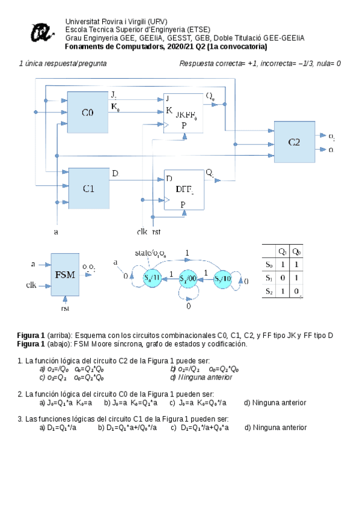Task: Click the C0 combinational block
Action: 88,112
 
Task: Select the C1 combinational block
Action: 88,188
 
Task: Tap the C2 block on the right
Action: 294,142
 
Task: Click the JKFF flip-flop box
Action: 184,112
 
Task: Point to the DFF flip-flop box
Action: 184,189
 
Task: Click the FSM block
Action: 66,274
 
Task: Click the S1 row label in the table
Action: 269,277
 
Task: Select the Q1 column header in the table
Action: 282,251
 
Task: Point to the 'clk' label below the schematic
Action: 142,231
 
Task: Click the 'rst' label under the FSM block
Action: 65,309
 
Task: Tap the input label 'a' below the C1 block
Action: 56,231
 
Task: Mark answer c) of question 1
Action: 72,377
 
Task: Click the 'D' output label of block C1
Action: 115,174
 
